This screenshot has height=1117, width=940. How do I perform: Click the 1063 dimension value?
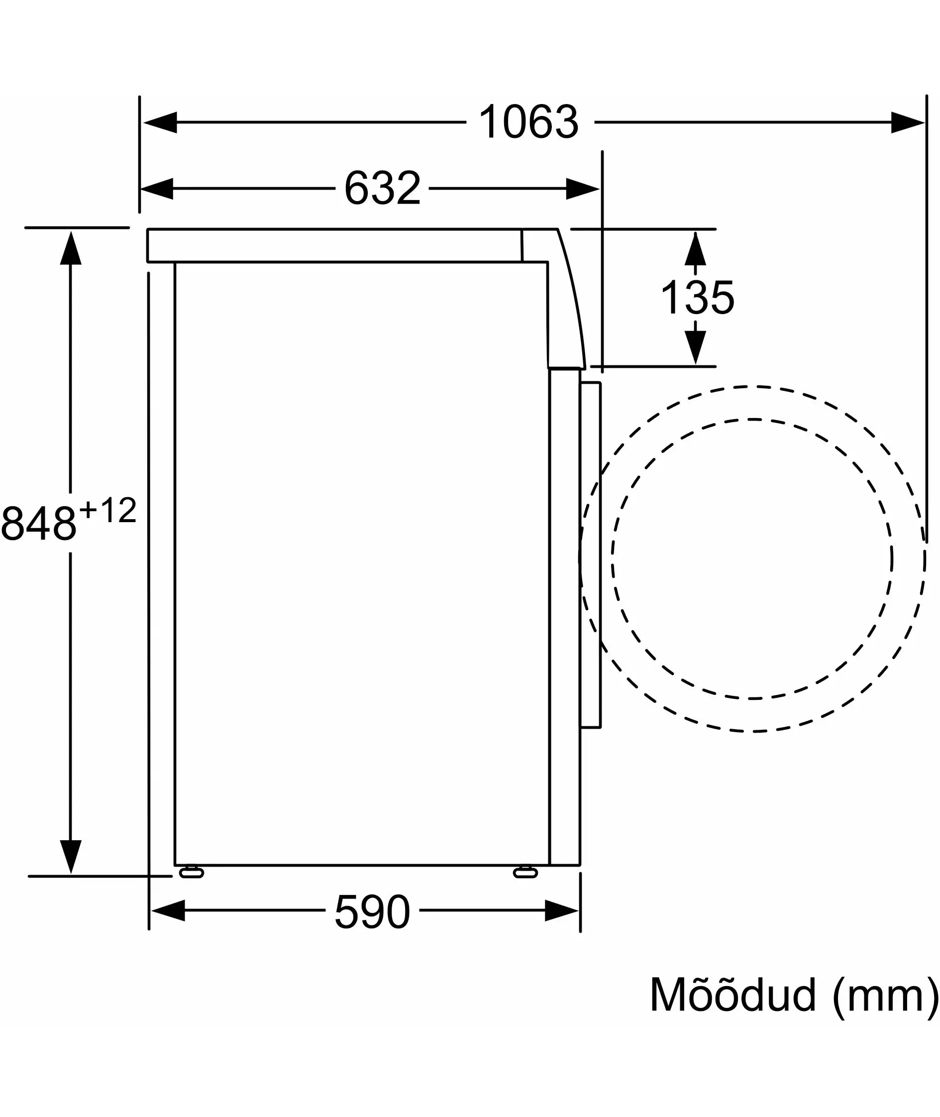click(x=528, y=122)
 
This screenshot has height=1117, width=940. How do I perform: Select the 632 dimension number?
click(x=383, y=188)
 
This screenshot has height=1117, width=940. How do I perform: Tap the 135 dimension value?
click(x=697, y=297)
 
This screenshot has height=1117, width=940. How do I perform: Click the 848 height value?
click(x=39, y=523)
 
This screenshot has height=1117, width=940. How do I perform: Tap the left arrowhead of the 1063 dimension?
click(x=160, y=122)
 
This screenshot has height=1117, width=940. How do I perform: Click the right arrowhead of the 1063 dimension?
click(x=908, y=122)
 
